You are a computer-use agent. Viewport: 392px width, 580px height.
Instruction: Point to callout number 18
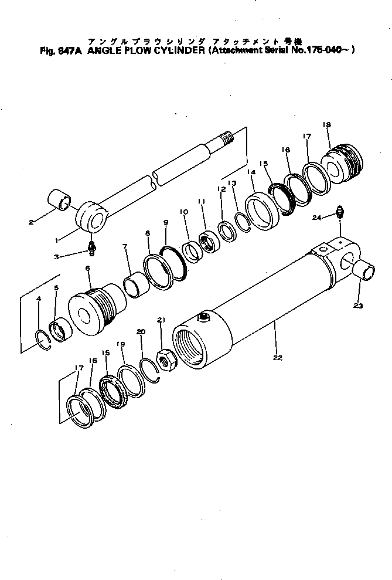click(326, 125)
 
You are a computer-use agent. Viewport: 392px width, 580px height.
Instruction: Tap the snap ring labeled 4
click(43, 339)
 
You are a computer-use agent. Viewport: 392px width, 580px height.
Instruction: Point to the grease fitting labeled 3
click(91, 249)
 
